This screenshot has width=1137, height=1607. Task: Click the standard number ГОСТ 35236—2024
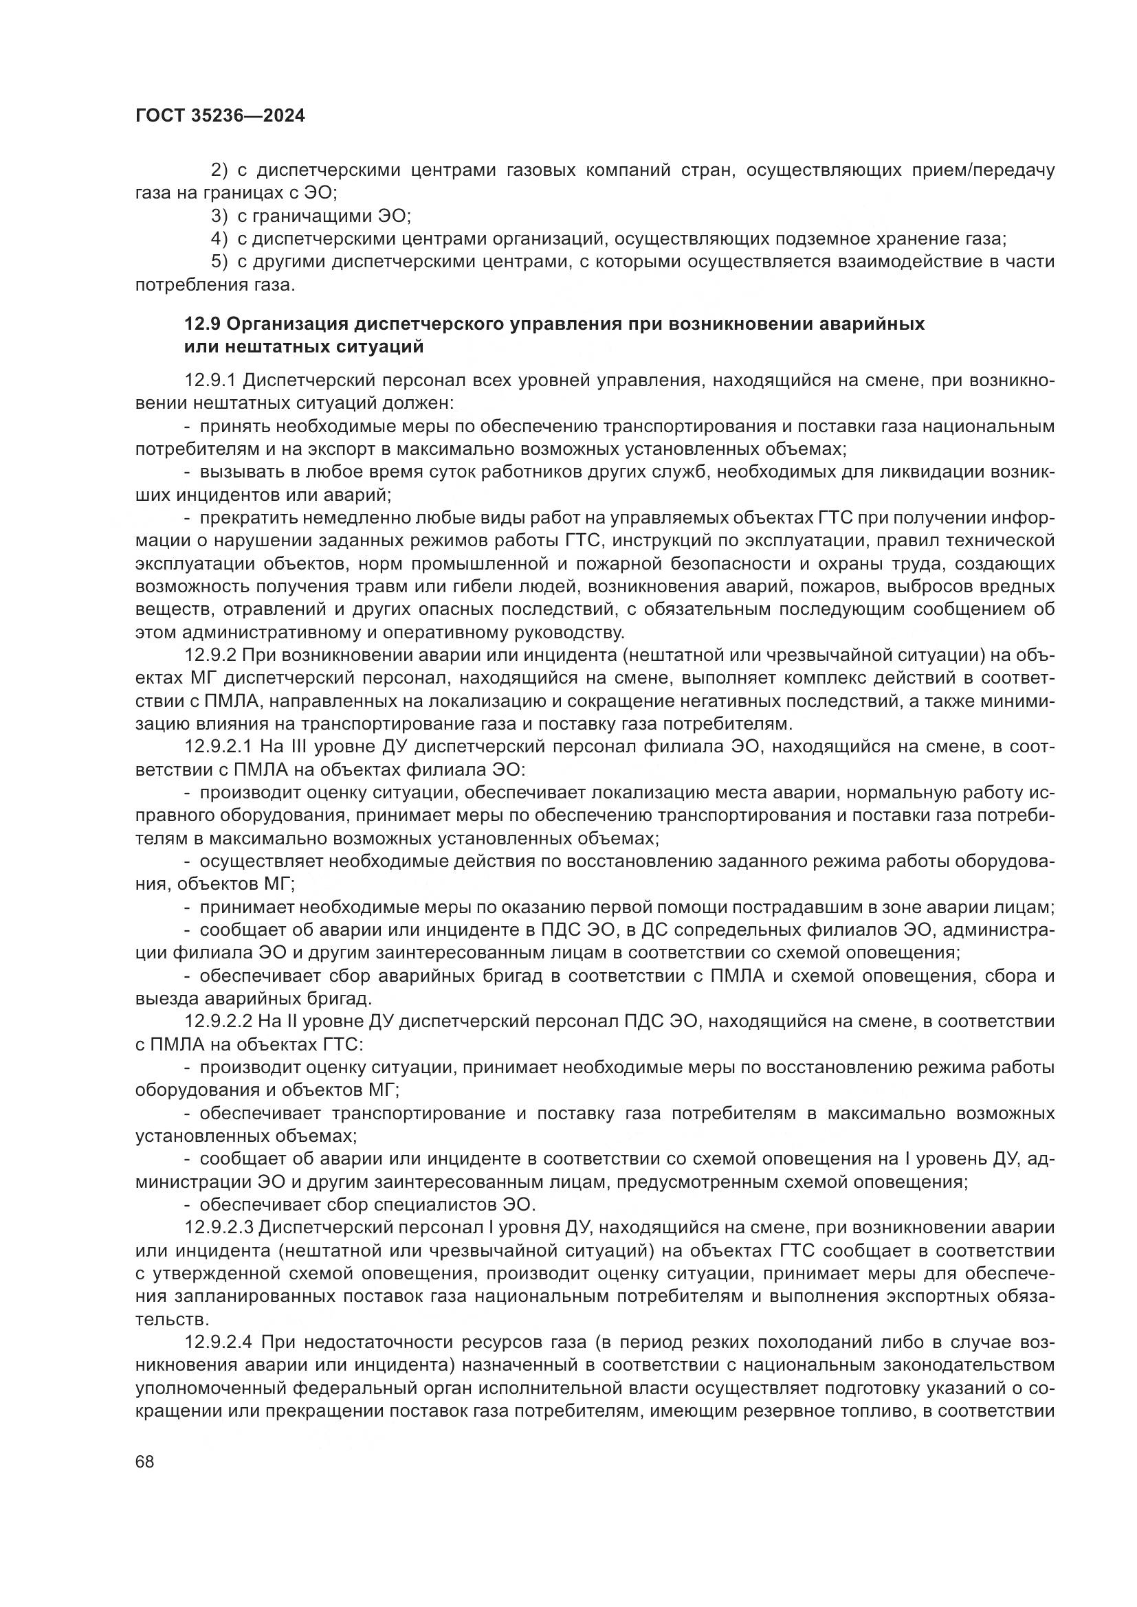coord(220,116)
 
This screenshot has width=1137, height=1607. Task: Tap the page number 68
coord(145,1461)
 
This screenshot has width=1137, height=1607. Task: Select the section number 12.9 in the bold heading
coord(202,324)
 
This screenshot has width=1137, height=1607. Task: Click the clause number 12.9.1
coord(212,381)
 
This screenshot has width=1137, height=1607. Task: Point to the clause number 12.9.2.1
coord(218,747)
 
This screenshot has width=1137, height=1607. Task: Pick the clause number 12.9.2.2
coord(218,1021)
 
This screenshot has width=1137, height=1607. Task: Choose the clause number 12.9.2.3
coord(218,1227)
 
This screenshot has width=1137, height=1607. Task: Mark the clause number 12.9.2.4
coord(218,1342)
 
